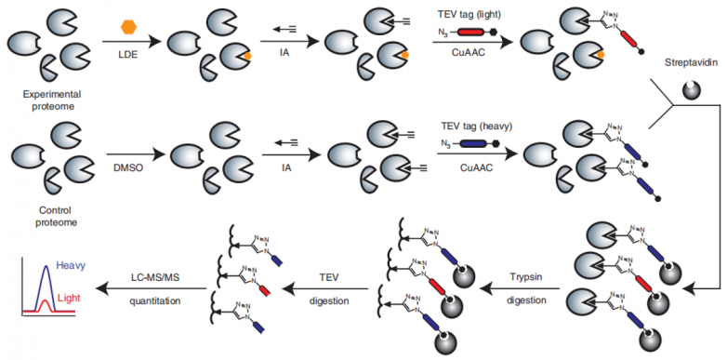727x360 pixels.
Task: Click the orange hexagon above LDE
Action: coord(128,27)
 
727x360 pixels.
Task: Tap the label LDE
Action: coord(129,54)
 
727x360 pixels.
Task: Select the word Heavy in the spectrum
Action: coord(67,266)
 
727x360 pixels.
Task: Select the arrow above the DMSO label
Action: coord(134,154)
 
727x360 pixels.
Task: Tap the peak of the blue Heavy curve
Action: coord(46,266)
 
